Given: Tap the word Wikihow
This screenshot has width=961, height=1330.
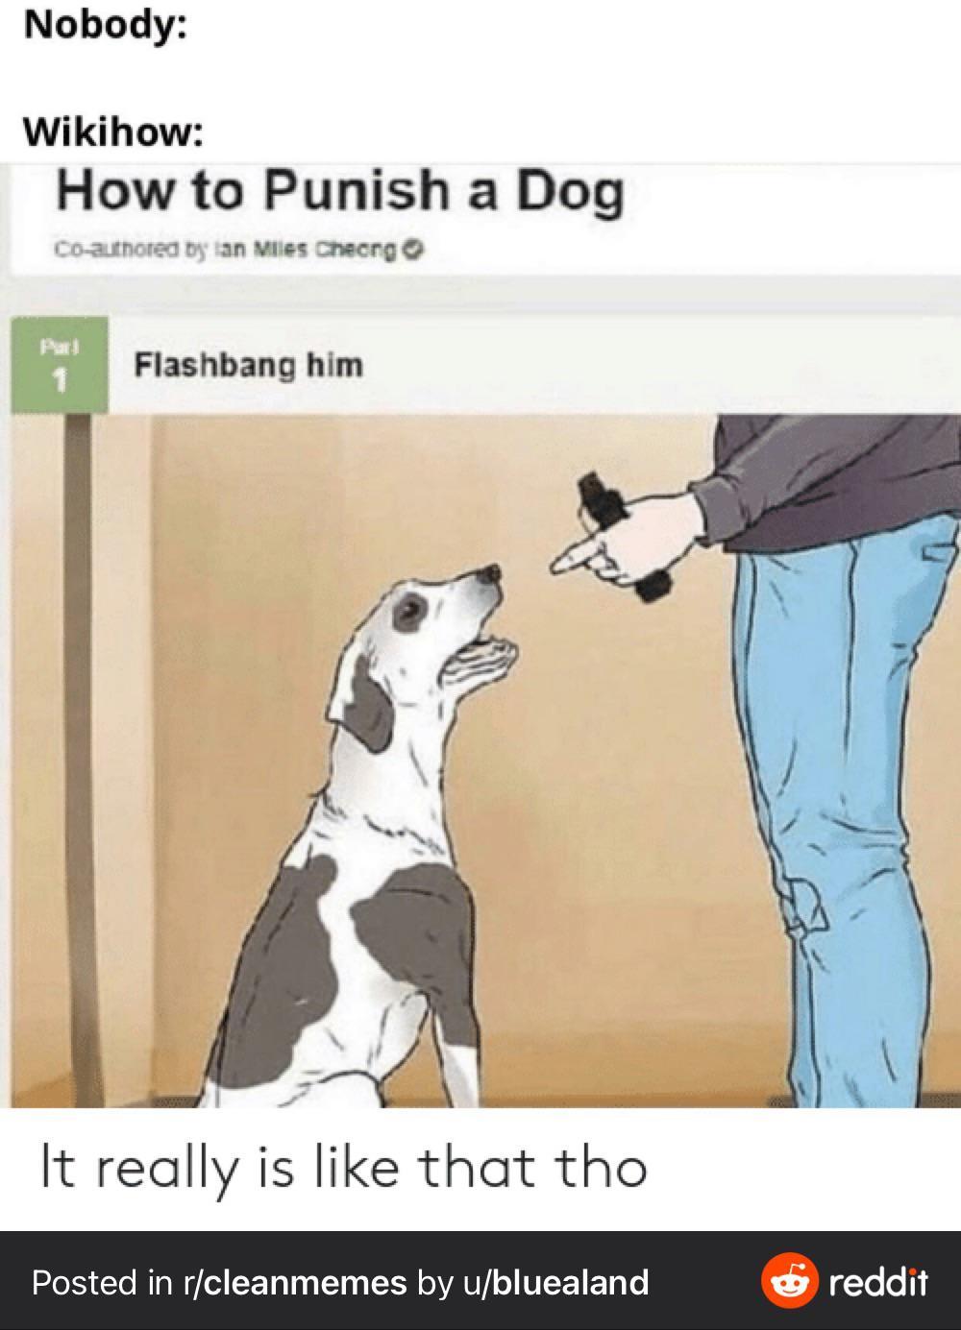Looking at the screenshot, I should click(110, 132).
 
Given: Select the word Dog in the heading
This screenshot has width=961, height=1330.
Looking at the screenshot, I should click(571, 194).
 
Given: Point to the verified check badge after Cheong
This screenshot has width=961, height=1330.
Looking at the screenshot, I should click(413, 251).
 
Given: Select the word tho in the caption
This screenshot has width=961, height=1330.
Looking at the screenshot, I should click(605, 1167).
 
